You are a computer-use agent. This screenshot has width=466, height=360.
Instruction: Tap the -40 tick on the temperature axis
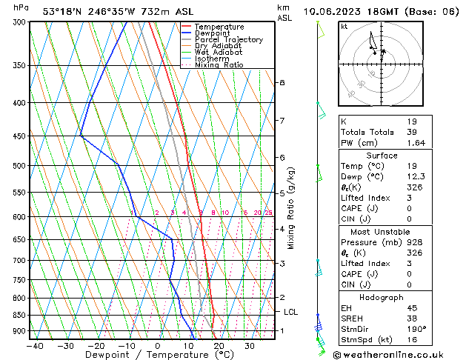point(35,345)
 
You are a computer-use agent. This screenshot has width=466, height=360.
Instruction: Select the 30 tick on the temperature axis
point(250,345)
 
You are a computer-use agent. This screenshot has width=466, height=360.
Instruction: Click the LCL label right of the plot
point(290,313)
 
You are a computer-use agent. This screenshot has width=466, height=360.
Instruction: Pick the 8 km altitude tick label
point(282,83)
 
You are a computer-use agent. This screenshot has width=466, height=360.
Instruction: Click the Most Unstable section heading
point(381,231)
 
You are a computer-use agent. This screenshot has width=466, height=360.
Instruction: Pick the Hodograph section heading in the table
point(381,297)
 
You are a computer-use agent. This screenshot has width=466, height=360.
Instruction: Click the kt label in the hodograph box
point(344,27)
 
